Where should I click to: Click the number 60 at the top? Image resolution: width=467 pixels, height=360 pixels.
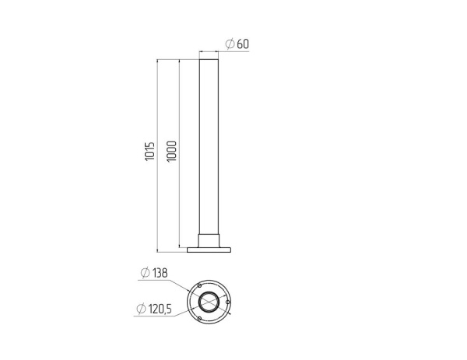point(243,44)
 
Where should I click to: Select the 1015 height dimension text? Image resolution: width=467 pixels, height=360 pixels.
point(150,152)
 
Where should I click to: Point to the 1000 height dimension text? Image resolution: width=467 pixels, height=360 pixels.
point(172,151)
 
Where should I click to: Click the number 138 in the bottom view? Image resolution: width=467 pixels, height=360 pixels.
point(160,273)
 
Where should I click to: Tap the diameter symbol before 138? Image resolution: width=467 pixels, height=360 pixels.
point(145,273)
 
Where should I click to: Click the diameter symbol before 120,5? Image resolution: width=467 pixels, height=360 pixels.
point(141,309)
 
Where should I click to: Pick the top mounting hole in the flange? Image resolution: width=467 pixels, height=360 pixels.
point(199,285)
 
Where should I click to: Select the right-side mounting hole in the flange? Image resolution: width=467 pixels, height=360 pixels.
point(228,302)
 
